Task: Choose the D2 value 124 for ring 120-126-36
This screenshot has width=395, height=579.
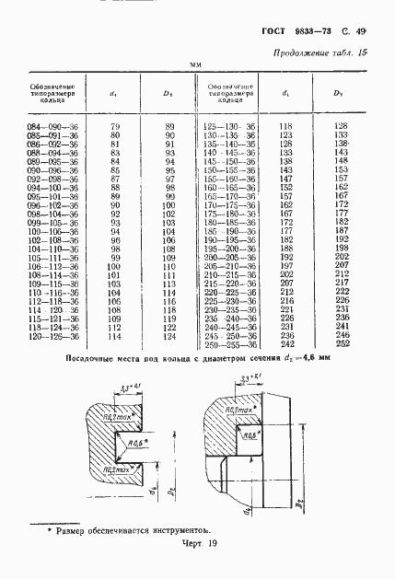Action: [x=169, y=337]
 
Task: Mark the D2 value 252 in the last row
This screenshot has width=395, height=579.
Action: [x=342, y=345]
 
